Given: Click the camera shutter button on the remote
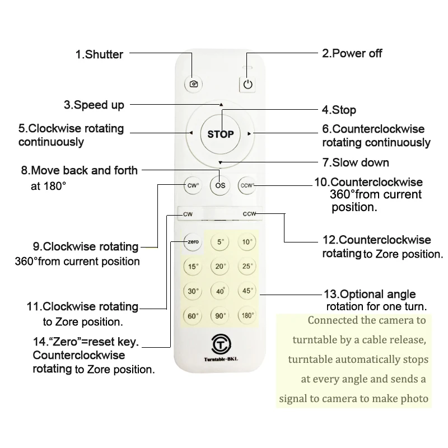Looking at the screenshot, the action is [194, 84].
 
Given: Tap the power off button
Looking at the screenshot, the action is [248, 85].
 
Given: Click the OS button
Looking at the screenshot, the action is [220, 185].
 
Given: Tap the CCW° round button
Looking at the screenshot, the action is [247, 185].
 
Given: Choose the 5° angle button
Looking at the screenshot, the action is [220, 242].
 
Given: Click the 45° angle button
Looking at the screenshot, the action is [247, 291].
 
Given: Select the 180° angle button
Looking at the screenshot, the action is [247, 316].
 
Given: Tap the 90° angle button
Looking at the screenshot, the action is [220, 316].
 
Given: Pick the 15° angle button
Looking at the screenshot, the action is [193, 267].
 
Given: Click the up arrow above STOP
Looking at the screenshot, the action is [221, 105].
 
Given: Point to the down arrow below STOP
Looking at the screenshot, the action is [221, 163].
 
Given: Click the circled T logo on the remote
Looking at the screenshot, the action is [220, 342].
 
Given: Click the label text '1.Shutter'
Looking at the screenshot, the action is [99, 54].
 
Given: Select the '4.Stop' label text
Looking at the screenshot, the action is [338, 110].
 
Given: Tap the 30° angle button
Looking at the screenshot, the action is [193, 291].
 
